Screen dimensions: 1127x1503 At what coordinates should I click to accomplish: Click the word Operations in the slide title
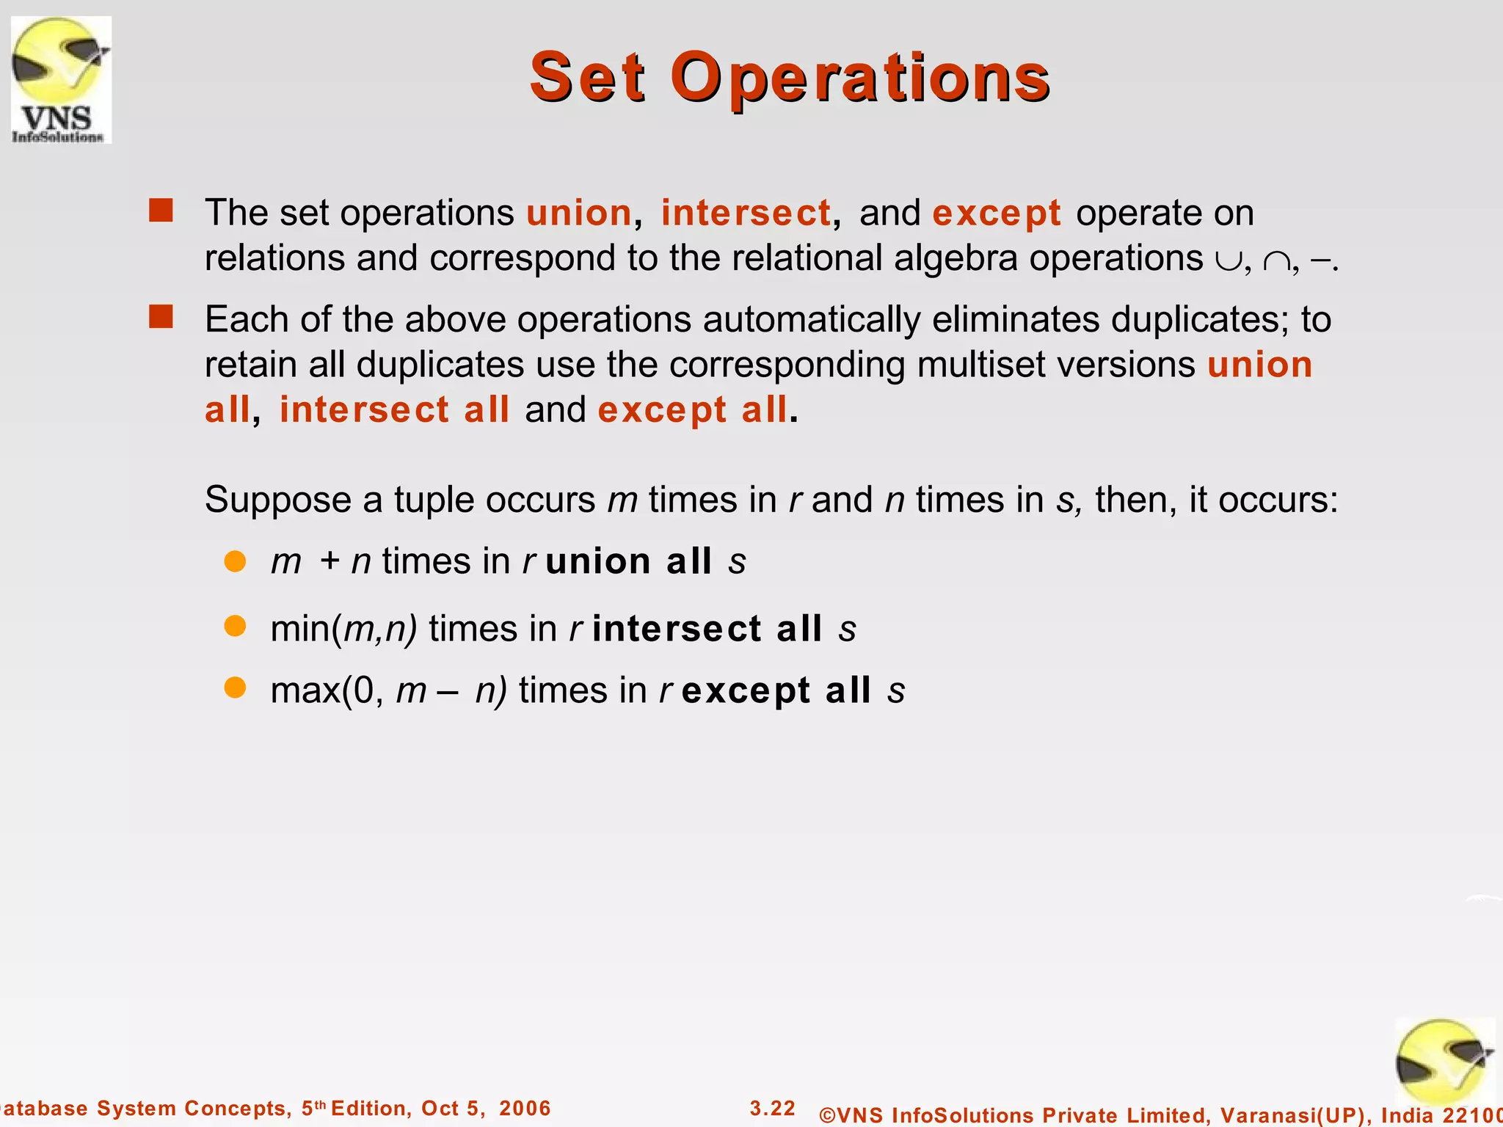coord(860,78)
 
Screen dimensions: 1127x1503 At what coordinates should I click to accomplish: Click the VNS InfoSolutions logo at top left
coord(61,79)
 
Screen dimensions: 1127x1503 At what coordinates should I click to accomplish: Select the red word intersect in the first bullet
coord(746,213)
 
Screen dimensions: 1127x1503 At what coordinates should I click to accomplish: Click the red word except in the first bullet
coord(996,213)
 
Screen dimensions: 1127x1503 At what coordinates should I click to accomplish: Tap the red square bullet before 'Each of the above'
coord(161,317)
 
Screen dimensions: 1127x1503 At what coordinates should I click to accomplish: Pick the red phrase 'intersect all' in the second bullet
coord(394,409)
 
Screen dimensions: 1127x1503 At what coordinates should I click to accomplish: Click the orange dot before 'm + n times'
coord(235,561)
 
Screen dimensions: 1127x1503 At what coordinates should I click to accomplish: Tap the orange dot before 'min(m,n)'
coord(235,627)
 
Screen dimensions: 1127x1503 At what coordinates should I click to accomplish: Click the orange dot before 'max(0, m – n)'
coord(235,688)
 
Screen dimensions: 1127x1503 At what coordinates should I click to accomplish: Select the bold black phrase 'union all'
coord(628,561)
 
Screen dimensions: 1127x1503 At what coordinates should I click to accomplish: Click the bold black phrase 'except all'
coord(776,690)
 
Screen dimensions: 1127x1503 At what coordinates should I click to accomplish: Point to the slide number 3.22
coord(772,1108)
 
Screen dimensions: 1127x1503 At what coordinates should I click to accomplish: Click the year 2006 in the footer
coord(524,1108)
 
